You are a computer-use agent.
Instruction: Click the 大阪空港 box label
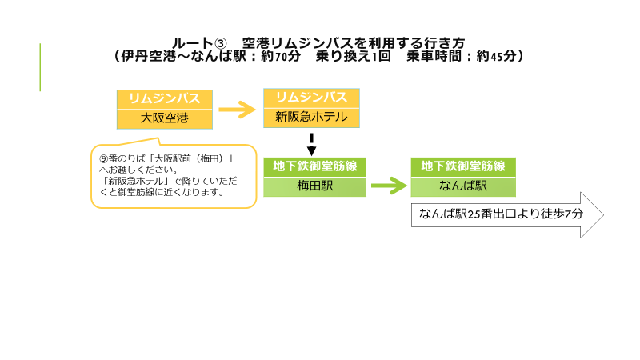tap(165, 118)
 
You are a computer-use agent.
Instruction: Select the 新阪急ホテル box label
tap(311, 117)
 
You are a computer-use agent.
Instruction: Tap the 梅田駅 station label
tap(314, 186)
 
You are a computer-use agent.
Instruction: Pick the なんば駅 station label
tap(463, 186)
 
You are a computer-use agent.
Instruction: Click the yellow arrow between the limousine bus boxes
tap(237, 110)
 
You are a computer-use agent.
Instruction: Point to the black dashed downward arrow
tap(311, 145)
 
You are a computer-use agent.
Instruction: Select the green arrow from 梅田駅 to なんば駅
tap(389, 186)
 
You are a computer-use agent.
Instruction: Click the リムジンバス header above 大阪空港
tap(165, 98)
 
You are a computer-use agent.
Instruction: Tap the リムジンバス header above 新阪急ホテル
tap(311, 98)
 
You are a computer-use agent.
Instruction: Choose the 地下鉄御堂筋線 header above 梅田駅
tap(314, 166)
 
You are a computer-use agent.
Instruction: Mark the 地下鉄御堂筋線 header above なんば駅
tap(463, 166)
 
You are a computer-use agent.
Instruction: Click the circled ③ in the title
tap(220, 43)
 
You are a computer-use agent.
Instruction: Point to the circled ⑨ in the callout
tap(104, 158)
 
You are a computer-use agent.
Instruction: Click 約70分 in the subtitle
tap(281, 56)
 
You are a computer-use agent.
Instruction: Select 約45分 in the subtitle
tap(496, 56)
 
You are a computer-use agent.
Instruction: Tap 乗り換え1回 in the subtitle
tap(354, 56)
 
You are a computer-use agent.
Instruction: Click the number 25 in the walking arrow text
tap(474, 214)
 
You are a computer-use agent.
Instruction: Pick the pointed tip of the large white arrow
tap(603, 215)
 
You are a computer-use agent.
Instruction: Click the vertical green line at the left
tap(40, 67)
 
